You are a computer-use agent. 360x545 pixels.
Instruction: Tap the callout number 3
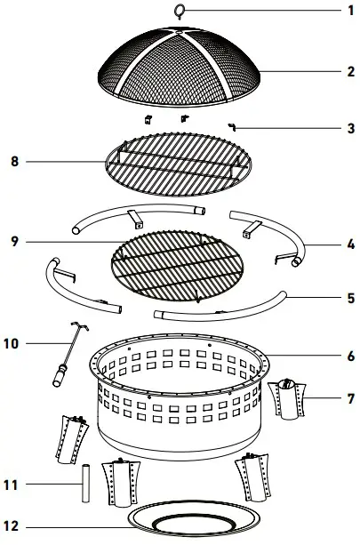click(350, 128)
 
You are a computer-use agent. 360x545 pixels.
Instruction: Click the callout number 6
click(350, 355)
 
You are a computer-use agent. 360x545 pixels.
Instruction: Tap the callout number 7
click(350, 399)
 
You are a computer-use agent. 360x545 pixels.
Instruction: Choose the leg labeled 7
click(288, 400)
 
